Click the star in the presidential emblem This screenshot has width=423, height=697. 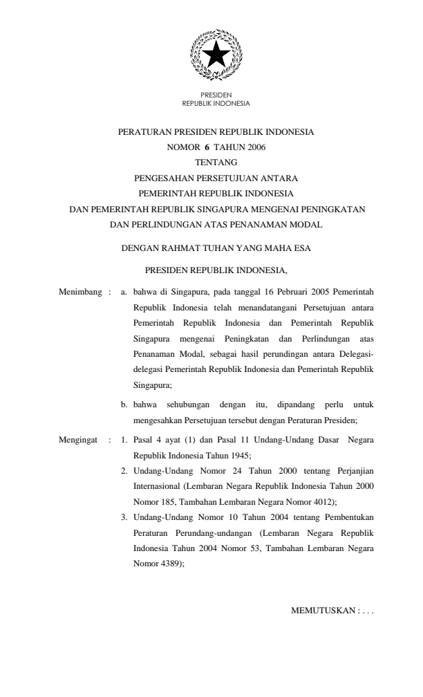(216, 53)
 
